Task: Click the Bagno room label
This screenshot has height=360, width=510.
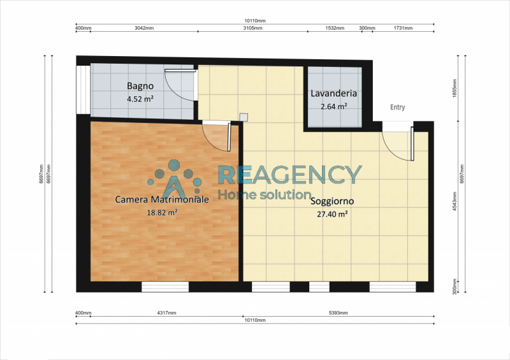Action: [140, 86]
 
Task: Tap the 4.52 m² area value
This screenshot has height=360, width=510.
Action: [140, 99]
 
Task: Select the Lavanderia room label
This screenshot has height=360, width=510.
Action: [333, 94]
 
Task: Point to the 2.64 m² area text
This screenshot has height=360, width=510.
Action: [333, 106]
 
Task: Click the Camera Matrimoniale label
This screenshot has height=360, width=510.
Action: [162, 199]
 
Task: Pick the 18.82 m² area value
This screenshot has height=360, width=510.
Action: [162, 213]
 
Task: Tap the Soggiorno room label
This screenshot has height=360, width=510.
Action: [332, 201]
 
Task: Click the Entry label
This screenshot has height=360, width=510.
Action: [397, 107]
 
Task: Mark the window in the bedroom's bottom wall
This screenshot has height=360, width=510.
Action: [165, 287]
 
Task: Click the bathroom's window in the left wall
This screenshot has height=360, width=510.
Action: [84, 90]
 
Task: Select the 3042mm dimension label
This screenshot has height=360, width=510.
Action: [144, 28]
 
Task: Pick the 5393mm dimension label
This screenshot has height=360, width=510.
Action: [339, 313]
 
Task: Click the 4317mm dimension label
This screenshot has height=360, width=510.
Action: [167, 313]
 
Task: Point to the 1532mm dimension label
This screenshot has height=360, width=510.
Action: [335, 28]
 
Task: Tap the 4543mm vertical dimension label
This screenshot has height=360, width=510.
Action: [455, 201]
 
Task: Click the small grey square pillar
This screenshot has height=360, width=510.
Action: [244, 117]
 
